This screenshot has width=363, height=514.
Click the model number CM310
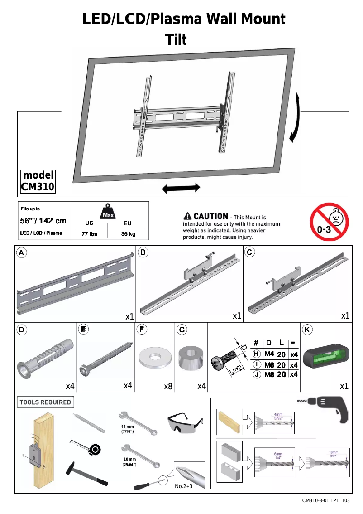click(x=38, y=186)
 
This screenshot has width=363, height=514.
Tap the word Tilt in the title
click(x=177, y=40)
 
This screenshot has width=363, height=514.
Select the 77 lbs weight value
click(x=89, y=234)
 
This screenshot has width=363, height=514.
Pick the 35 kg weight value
click(x=128, y=234)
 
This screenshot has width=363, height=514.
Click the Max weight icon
click(x=108, y=211)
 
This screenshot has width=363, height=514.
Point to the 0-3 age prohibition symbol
click(x=329, y=222)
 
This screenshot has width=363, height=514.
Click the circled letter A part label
click(x=21, y=252)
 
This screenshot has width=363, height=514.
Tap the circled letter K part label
click(x=307, y=330)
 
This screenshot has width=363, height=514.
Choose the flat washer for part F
click(x=155, y=358)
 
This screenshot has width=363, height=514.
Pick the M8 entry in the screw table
click(x=270, y=374)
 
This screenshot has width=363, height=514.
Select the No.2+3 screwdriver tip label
click(x=184, y=486)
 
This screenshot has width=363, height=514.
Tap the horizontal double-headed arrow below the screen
click(x=181, y=188)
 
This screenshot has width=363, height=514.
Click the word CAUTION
click(x=210, y=217)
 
